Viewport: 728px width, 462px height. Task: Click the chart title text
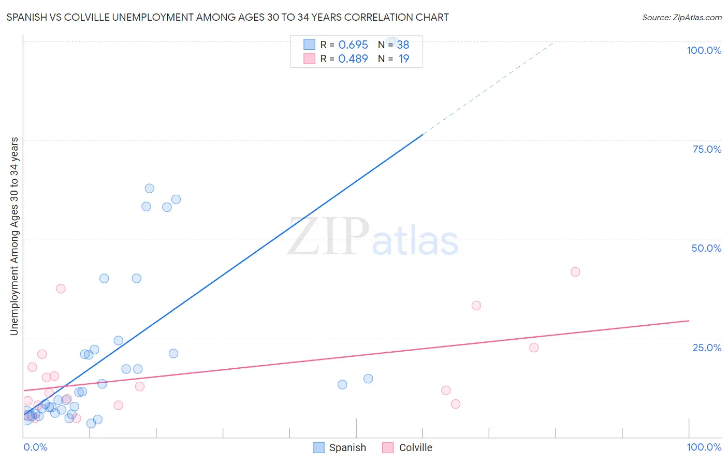pyautogui.click(x=227, y=17)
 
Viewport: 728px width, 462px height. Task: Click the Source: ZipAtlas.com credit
pyautogui.click(x=681, y=17)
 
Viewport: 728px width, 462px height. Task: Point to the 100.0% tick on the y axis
pyautogui.click(x=704, y=50)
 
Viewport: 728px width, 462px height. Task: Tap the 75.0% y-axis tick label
pyautogui.click(x=707, y=149)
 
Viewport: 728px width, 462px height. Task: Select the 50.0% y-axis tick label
pyautogui.click(x=706, y=248)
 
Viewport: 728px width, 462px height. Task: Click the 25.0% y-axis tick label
pyautogui.click(x=707, y=348)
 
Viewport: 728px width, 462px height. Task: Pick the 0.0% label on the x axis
pyautogui.click(x=35, y=447)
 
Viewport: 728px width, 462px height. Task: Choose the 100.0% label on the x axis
pyautogui.click(x=704, y=447)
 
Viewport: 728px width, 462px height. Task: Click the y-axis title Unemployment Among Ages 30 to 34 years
pyautogui.click(x=14, y=236)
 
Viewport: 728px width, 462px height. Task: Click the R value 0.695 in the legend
pyautogui.click(x=353, y=45)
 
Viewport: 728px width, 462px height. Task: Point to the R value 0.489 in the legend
pyautogui.click(x=353, y=59)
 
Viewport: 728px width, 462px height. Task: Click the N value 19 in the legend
pyautogui.click(x=404, y=59)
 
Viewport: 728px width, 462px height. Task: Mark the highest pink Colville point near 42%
pyautogui.click(x=575, y=272)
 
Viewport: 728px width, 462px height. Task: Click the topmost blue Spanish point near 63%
pyautogui.click(x=149, y=189)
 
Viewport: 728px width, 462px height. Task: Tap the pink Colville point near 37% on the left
pyautogui.click(x=61, y=289)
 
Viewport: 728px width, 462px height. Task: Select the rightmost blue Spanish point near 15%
pyautogui.click(x=368, y=379)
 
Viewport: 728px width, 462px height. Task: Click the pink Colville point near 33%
pyautogui.click(x=476, y=306)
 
